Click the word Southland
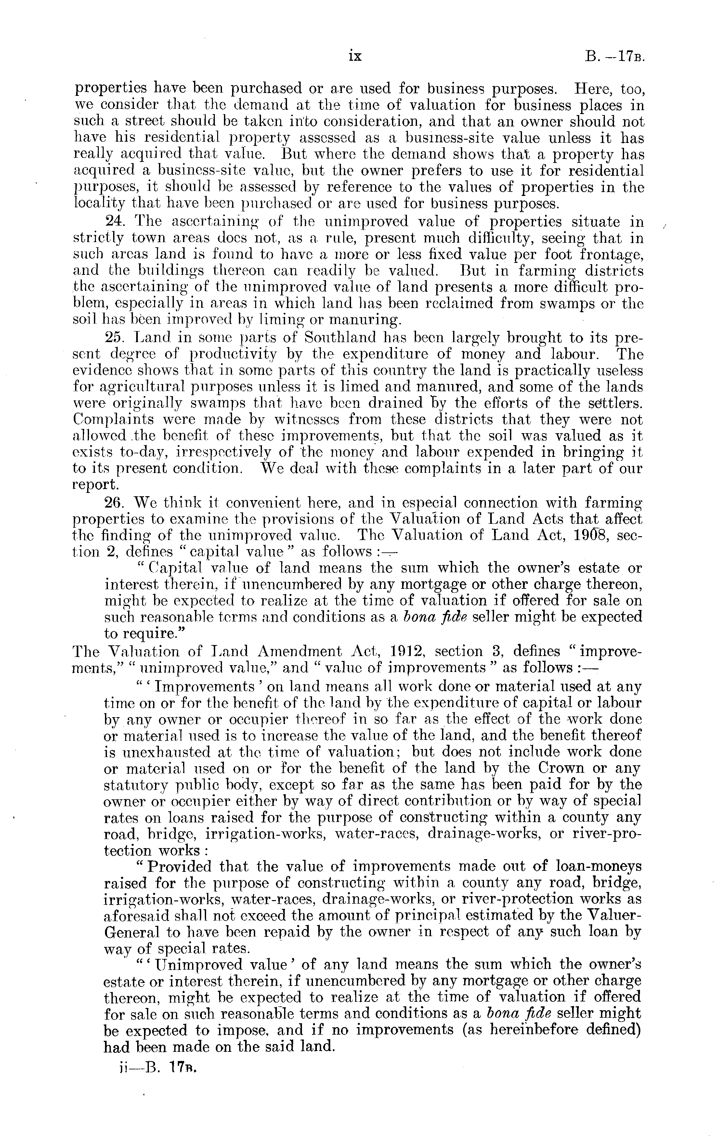340,338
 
